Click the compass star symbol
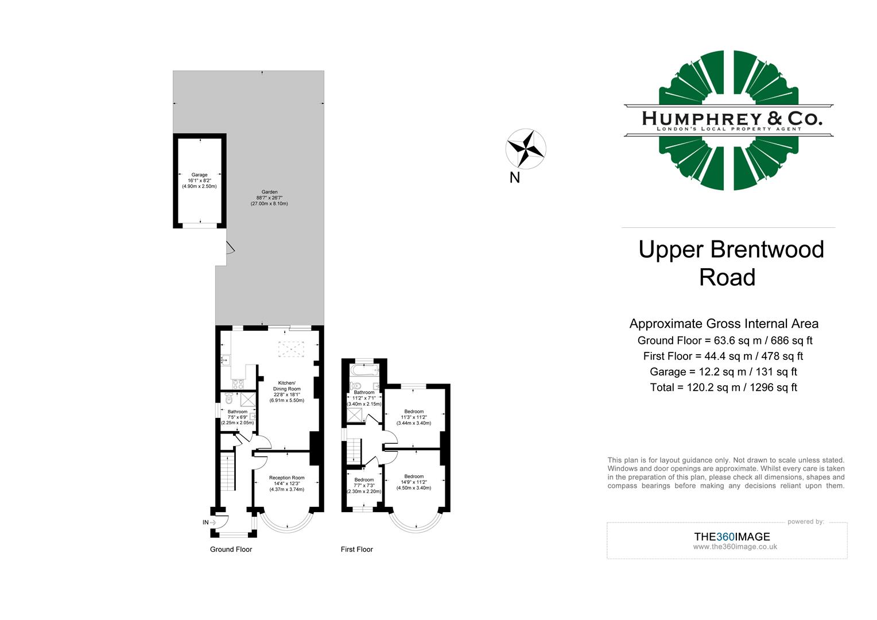click(526, 149)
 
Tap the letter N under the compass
click(514, 178)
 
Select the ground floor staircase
click(228, 471)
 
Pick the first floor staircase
click(354, 451)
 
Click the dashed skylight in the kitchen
click(290, 349)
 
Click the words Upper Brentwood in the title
click(731, 250)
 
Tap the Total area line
click(723, 387)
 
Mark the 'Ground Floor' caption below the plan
click(231, 549)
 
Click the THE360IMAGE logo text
click(732, 537)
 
